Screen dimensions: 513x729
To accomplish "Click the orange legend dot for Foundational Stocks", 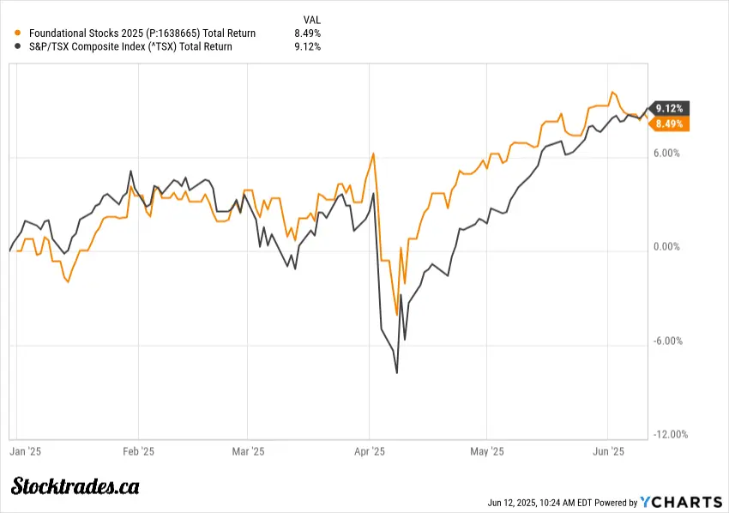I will (x=19, y=33).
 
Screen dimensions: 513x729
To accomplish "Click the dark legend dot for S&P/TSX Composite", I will (x=19, y=46).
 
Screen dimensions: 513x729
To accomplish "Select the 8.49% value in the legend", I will (x=307, y=33).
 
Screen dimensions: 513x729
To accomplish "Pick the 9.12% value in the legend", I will (x=307, y=46).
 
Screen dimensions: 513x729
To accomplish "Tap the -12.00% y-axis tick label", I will (x=669, y=434).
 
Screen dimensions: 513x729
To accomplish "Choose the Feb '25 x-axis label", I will (x=138, y=450).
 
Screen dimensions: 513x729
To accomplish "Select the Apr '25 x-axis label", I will (x=370, y=450).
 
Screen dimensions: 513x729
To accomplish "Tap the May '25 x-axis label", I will (x=486, y=450).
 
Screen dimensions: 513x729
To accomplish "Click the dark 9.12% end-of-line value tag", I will (x=669, y=108).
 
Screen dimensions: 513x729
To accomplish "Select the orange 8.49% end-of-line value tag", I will (x=669, y=124).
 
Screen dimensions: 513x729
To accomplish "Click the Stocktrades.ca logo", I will (x=75, y=486).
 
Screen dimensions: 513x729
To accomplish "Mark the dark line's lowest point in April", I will (x=397, y=372).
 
